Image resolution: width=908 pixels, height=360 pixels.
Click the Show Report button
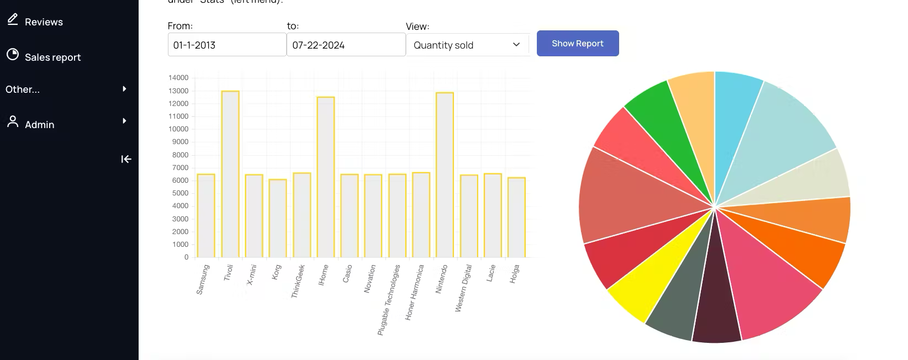point(577,44)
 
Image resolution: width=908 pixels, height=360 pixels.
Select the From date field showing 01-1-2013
point(226,45)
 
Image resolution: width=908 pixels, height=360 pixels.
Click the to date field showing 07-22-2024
point(346,45)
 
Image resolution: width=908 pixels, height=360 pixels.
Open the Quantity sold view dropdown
point(467,45)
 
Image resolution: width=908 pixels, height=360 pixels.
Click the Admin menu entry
point(39,124)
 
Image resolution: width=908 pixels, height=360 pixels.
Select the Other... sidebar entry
point(23,89)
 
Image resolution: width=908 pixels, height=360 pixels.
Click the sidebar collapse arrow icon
point(126,159)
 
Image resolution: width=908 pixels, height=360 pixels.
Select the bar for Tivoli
point(230,174)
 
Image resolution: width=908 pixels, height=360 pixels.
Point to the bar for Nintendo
point(445,175)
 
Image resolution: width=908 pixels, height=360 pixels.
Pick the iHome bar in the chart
point(325,177)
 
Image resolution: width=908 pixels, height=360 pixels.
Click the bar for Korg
point(278,218)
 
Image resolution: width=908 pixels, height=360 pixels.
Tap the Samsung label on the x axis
point(203,279)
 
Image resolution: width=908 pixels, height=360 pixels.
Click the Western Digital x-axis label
point(463,288)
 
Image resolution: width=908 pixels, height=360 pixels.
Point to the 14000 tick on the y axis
point(178,78)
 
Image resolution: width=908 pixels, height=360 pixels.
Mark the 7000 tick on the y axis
point(180,168)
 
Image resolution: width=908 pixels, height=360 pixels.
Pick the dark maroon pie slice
point(716,304)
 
